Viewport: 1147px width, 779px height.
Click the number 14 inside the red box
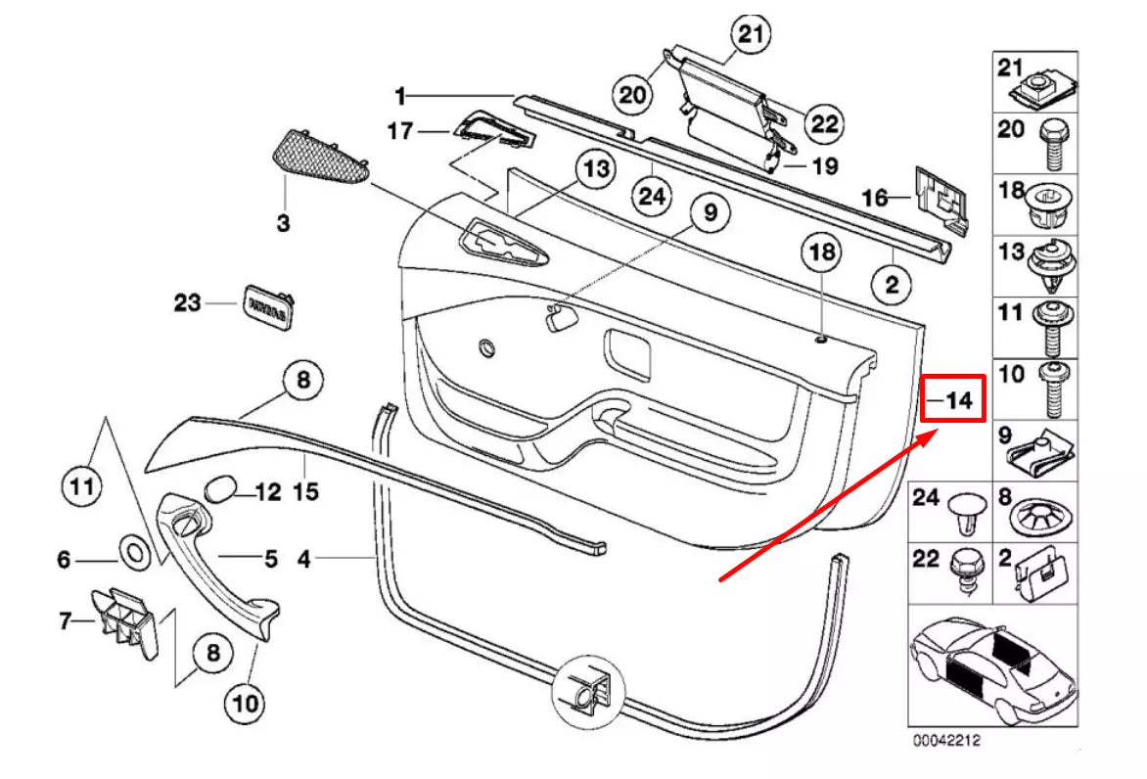pos(959,400)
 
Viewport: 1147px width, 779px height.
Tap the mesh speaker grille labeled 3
pos(318,157)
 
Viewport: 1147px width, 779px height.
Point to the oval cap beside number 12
pos(223,488)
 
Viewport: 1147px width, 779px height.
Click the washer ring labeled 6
pos(134,553)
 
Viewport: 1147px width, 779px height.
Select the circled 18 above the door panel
pos(820,252)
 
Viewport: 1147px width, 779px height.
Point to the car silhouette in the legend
pos(992,665)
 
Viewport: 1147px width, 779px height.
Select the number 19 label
pos(824,166)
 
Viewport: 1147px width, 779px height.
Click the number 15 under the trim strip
pos(306,492)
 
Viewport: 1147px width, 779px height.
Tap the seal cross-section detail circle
pos(589,692)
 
